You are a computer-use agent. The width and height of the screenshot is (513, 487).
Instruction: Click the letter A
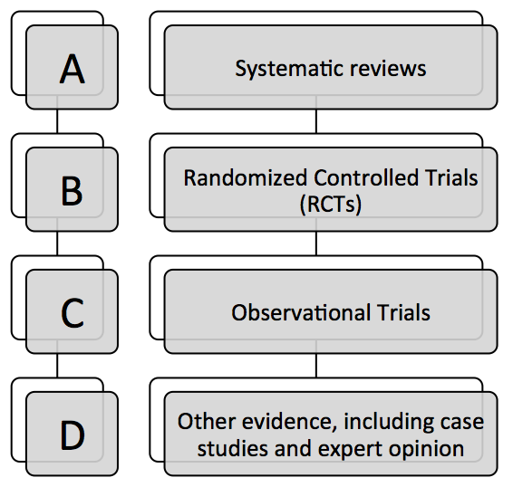pos(73,69)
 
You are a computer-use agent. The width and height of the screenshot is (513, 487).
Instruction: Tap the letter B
pos(72,191)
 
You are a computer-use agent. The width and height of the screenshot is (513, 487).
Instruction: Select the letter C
pos(73,313)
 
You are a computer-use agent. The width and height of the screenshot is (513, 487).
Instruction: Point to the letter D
pos(73,435)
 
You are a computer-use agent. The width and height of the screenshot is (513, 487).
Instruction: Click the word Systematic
pos(289,69)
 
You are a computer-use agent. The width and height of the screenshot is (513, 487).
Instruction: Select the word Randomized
pos(246,177)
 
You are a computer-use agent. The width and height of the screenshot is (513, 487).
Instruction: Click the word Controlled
pos(366,177)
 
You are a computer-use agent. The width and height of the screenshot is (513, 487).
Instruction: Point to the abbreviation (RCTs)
pos(331,205)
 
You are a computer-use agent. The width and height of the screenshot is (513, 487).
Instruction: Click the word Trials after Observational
pos(403,312)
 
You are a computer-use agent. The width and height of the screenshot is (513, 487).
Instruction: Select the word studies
pos(233,448)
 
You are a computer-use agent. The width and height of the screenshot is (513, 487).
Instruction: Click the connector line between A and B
pos(57,121)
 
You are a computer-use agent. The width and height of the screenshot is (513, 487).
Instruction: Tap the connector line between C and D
pos(57,366)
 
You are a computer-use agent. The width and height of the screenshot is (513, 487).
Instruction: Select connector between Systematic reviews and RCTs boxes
pos(316,121)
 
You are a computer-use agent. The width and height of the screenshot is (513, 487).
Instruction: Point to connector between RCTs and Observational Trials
pos(316,243)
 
